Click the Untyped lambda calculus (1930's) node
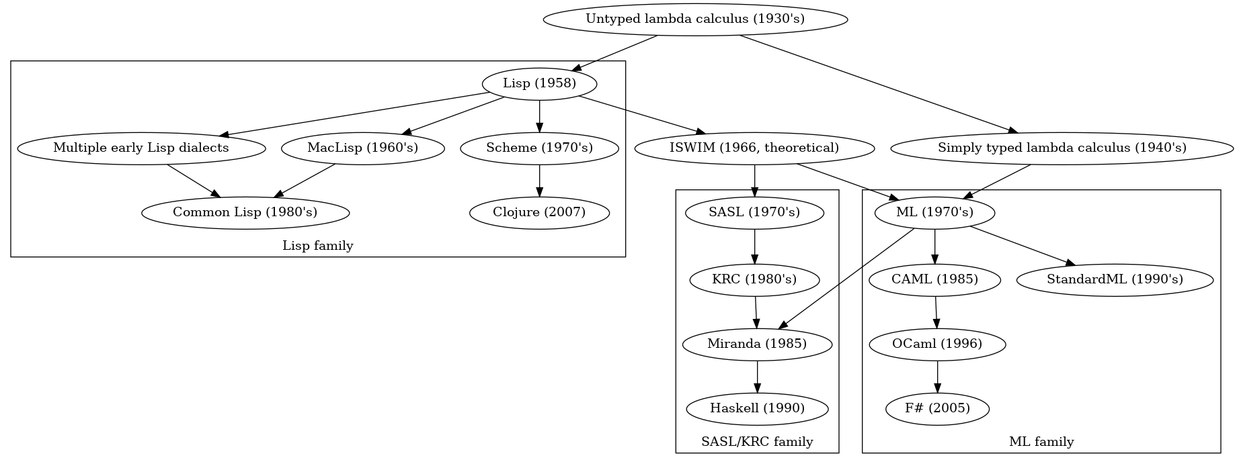[x=695, y=19]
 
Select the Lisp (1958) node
[x=540, y=83]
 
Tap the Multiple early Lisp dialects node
[x=141, y=148]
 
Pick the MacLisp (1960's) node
[x=363, y=148]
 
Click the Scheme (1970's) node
[x=539, y=148]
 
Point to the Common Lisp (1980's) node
[x=245, y=212]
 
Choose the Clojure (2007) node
[x=539, y=212]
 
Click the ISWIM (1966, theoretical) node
[x=754, y=148]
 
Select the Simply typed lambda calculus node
[x=1062, y=148]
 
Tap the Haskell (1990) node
[x=758, y=408]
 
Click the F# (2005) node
[x=938, y=408]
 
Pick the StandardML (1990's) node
[x=1115, y=279]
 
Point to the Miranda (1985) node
[x=757, y=344]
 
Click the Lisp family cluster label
[x=318, y=246]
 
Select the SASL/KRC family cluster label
[x=757, y=442]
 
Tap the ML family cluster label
[x=1041, y=442]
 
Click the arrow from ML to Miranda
[x=846, y=279]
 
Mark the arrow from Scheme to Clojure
[x=539, y=181]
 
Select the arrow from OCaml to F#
[x=937, y=377]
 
